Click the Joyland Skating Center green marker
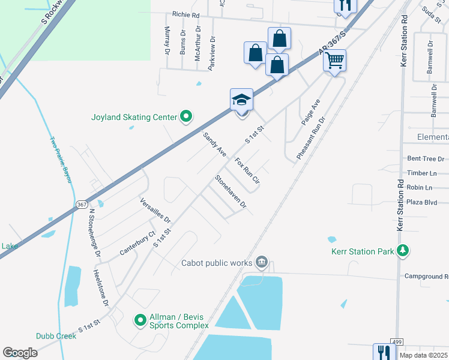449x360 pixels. point(186,117)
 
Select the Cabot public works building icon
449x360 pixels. point(262,263)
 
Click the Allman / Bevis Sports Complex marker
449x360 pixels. point(140,320)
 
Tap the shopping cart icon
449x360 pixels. point(334,59)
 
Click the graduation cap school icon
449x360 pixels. point(241,99)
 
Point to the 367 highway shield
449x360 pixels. point(82,205)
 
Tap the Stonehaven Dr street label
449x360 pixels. point(231,191)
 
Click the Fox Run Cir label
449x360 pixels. point(247,171)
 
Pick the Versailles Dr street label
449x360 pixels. point(155,211)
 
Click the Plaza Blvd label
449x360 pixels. point(422,202)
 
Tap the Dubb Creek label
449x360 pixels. point(56,336)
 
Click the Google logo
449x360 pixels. point(20,353)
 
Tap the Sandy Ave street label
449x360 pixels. point(214,145)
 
